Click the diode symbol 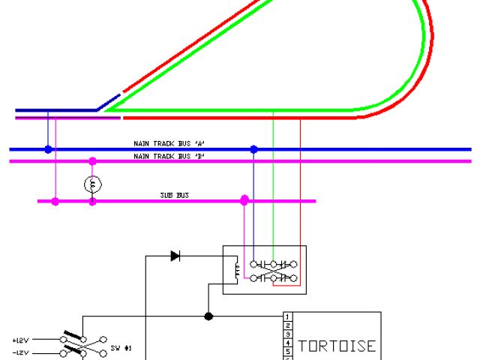[x=175, y=256]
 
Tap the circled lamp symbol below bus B [x=92, y=183]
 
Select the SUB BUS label [x=174, y=195]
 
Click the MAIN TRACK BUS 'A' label [x=169, y=143]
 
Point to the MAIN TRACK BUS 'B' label [x=169, y=156]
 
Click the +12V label [x=20, y=340]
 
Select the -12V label [x=20, y=352]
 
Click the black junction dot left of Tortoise [x=208, y=316]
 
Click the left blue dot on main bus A [x=48, y=150]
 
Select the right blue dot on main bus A [x=253, y=150]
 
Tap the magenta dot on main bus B [x=92, y=161]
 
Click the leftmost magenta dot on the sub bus [x=55, y=201]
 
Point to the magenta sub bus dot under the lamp [x=92, y=201]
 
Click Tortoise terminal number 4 [x=287, y=343]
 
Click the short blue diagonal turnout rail [x=108, y=103]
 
